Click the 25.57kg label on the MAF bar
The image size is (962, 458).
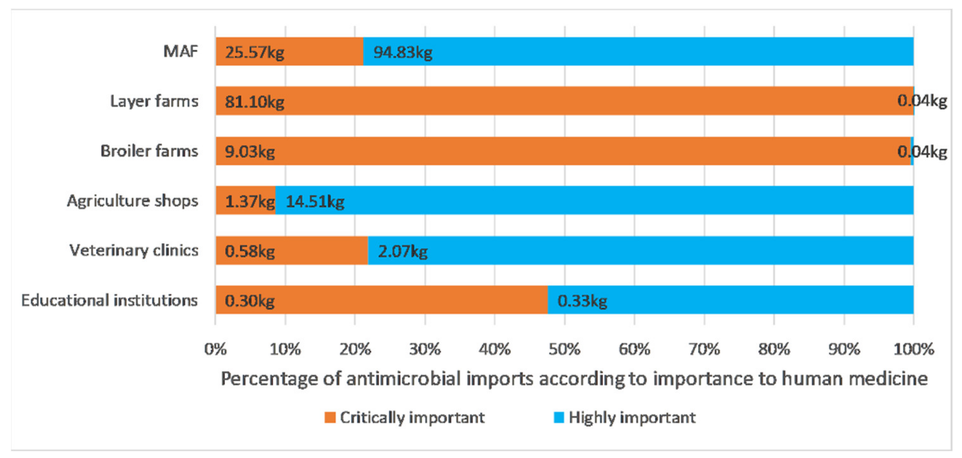(254, 52)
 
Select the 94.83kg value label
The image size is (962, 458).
(402, 52)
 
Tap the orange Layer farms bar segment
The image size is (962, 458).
(560, 101)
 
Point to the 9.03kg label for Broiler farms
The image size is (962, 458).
(250, 152)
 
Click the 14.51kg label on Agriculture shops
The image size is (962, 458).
(315, 202)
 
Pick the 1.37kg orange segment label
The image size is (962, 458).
(250, 202)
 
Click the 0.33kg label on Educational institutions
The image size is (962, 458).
(582, 301)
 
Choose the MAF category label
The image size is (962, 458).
(180, 51)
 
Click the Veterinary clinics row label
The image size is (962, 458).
(134, 250)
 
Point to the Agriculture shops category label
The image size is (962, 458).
(132, 201)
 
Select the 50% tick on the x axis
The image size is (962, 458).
(564, 349)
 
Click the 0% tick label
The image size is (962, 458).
(215, 349)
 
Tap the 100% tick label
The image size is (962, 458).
(913, 349)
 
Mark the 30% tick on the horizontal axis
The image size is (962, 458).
(425, 349)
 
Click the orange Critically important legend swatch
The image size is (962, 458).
(330, 417)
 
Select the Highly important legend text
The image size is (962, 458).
(632, 417)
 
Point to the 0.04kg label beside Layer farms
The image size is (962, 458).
(922, 101)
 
